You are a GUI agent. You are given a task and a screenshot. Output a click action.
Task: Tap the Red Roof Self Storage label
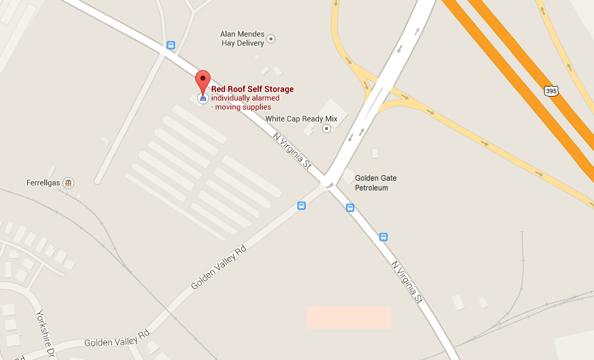tap(252, 89)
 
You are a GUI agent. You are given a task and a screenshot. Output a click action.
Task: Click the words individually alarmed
tap(245, 98)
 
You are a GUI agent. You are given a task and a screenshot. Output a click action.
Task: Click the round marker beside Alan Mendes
tap(271, 38)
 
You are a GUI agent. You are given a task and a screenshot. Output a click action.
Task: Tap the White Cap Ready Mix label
tap(302, 119)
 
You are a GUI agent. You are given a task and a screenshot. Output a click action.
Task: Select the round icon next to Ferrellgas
tap(68, 183)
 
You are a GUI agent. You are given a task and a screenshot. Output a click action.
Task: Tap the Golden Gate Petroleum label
tap(376, 183)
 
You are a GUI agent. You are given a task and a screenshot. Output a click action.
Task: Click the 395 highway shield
tap(551, 91)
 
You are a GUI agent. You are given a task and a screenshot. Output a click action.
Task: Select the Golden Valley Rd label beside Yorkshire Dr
tap(117, 338)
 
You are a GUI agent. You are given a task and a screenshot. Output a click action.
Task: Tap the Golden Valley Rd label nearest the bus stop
tap(219, 268)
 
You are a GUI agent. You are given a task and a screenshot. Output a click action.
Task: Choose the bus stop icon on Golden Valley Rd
tap(302, 206)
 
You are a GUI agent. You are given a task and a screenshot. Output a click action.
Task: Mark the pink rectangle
tap(349, 317)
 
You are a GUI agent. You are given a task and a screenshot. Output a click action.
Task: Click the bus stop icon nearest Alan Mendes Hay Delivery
tap(171, 46)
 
